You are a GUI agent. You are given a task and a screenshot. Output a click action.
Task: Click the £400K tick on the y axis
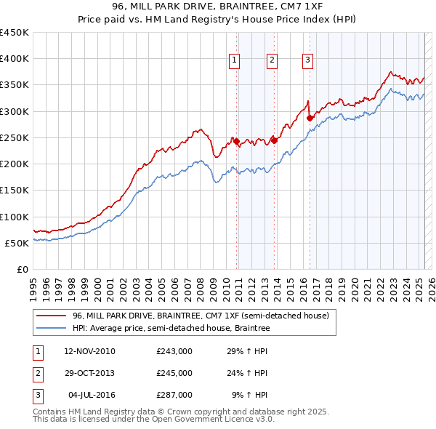pyautogui.click(x=15, y=59)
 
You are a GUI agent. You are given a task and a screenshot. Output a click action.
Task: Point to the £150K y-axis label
pyautogui.click(x=15, y=191)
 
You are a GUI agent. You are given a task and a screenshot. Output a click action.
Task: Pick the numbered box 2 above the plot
pyautogui.click(x=272, y=61)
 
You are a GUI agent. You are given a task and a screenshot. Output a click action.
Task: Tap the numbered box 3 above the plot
pyautogui.click(x=307, y=61)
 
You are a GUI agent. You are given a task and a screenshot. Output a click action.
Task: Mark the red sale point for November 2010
pyautogui.click(x=236, y=141)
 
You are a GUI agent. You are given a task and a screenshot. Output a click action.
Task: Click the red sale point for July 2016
pyautogui.click(x=310, y=118)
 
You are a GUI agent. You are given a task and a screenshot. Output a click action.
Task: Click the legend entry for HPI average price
pyautogui.click(x=171, y=329)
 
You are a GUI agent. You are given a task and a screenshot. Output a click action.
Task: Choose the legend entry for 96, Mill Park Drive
pyautogui.click(x=201, y=316)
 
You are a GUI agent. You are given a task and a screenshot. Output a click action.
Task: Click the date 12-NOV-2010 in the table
pyautogui.click(x=89, y=351)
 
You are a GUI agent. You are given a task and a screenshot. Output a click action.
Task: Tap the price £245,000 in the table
pyautogui.click(x=174, y=373)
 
